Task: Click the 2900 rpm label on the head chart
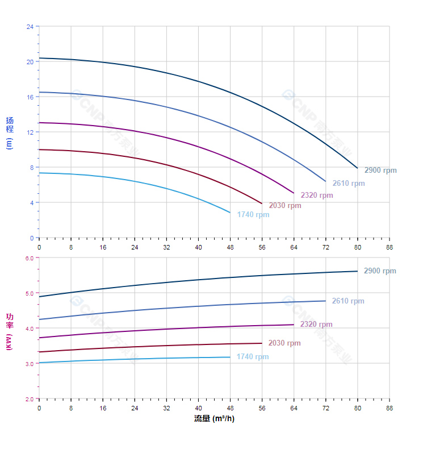click(380, 171)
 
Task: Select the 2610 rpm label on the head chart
click(349, 184)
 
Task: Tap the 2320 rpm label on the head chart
click(317, 196)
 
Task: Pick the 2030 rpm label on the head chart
click(285, 206)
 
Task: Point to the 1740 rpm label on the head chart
click(253, 215)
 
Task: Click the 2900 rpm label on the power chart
click(380, 271)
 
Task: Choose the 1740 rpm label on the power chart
click(253, 357)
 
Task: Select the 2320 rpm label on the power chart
click(316, 325)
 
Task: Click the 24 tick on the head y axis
click(30, 27)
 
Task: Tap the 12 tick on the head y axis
click(30, 132)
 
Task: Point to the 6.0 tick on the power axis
click(30, 258)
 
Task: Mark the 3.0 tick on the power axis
click(30, 363)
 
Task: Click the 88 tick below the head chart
click(390, 247)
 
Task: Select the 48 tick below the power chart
click(230, 408)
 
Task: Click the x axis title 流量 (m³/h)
click(214, 419)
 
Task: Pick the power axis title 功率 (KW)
click(9, 331)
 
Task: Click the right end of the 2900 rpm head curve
click(357, 168)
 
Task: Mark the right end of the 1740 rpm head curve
click(230, 213)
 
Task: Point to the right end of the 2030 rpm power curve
click(262, 343)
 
